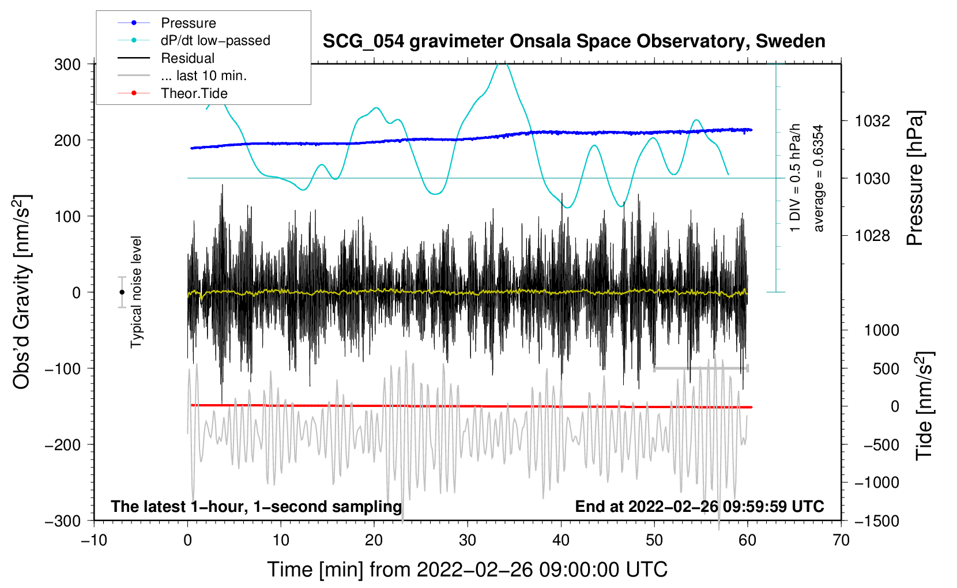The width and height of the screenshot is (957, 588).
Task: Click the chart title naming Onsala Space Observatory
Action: tap(574, 42)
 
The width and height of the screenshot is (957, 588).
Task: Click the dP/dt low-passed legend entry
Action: tap(215, 40)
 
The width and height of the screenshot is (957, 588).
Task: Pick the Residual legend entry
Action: tap(187, 58)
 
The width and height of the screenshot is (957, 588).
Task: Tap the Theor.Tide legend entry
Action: tap(194, 93)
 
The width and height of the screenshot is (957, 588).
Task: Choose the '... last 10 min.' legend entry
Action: tap(204, 76)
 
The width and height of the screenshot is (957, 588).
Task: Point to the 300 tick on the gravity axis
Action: tap(67, 64)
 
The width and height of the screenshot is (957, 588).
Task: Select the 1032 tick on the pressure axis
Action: tap(872, 121)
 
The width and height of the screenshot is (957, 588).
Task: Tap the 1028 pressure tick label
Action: tap(872, 236)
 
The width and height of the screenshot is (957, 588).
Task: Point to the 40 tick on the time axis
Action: tap(561, 540)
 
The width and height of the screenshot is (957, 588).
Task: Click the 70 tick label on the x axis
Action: tap(841, 540)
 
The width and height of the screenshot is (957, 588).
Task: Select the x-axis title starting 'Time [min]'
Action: tap(468, 570)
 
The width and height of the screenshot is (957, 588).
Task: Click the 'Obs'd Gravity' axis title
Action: tap(21, 292)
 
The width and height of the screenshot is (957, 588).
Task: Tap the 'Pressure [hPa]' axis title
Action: tap(915, 179)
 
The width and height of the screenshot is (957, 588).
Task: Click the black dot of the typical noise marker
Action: tap(122, 292)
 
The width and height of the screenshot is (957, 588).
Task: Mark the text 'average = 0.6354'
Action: tap(819, 179)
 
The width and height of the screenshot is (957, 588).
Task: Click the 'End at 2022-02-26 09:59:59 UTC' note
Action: tap(699, 506)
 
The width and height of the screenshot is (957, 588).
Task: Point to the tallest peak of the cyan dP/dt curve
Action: tap(504, 64)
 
